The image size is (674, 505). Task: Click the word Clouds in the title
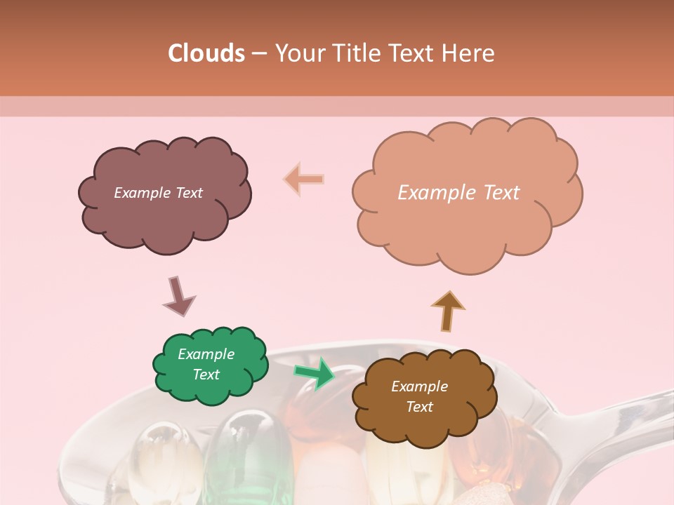coord(206,53)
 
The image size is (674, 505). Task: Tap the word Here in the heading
coord(470,53)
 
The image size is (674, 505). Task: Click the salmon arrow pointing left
coord(304,180)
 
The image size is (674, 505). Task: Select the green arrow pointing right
coord(315,372)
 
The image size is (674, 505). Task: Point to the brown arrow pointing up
coord(447,310)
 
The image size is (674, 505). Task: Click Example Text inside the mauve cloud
coord(158,193)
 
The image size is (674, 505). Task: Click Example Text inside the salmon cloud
coord(458,193)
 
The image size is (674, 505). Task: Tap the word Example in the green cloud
coord(206,354)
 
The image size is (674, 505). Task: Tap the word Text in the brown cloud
coord(419,407)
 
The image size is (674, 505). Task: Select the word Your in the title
coord(298,53)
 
